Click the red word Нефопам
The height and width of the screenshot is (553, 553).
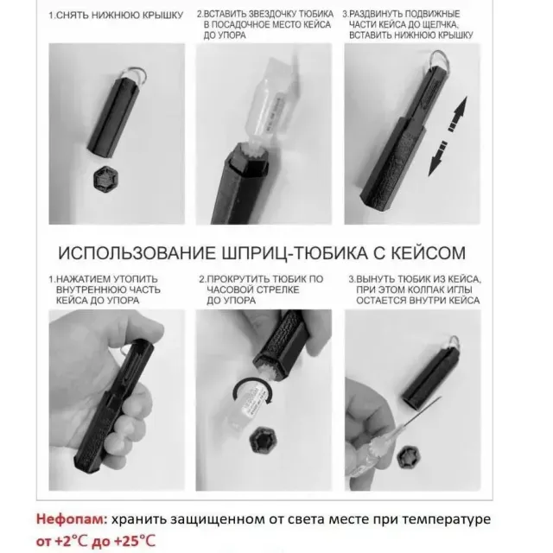coord(71,518)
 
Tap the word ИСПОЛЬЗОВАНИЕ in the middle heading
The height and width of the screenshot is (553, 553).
coord(137,253)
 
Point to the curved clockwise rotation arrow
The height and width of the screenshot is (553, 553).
coord(251,382)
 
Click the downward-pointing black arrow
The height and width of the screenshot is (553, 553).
coord(437,158)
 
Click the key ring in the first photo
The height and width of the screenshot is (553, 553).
coord(136,74)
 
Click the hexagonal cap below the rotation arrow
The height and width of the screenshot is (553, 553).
coord(263,441)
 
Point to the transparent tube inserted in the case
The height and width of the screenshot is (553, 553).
coord(272,102)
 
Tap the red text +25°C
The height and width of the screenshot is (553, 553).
coord(135,541)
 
